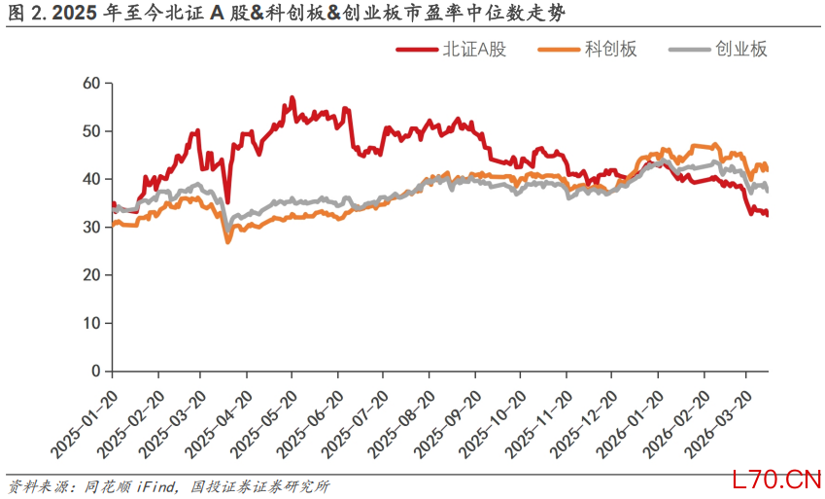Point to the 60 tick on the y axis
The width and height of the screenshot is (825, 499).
click(x=92, y=84)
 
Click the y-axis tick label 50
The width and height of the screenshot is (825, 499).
click(x=92, y=131)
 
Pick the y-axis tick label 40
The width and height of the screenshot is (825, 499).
click(x=92, y=179)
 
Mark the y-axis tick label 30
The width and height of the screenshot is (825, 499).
click(x=92, y=227)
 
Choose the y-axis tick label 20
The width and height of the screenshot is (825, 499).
click(x=92, y=275)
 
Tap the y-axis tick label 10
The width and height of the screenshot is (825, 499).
click(x=92, y=323)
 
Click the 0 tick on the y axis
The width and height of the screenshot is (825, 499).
click(x=96, y=371)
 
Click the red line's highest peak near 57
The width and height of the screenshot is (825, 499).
click(x=292, y=98)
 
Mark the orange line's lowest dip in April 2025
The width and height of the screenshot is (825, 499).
click(x=228, y=240)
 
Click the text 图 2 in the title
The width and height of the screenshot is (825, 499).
click(x=20, y=14)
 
